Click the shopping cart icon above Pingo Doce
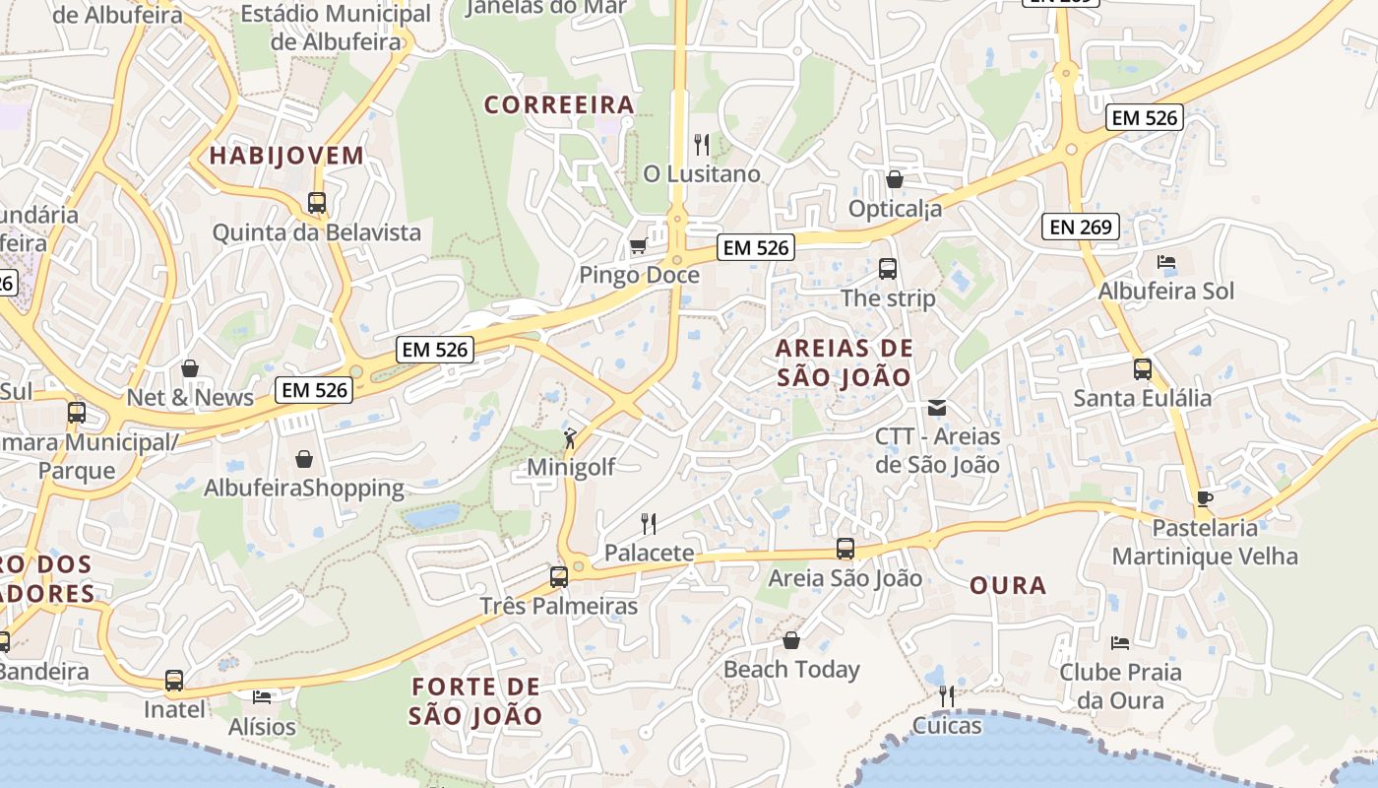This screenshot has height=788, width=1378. pyautogui.click(x=638, y=245)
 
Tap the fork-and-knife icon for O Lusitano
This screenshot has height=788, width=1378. pyautogui.click(x=702, y=145)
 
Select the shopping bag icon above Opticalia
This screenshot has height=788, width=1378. pyautogui.click(x=895, y=179)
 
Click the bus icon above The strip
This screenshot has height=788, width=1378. pyautogui.click(x=887, y=268)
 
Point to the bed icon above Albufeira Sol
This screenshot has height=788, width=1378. pyautogui.click(x=1166, y=262)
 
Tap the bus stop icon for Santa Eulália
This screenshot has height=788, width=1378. pyautogui.click(x=1143, y=369)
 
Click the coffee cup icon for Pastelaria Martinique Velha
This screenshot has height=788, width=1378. pyautogui.click(x=1204, y=498)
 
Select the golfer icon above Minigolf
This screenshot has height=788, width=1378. pyautogui.click(x=570, y=437)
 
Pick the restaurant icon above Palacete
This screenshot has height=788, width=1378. pyautogui.click(x=649, y=523)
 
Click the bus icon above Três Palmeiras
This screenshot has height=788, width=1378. pyautogui.click(x=559, y=576)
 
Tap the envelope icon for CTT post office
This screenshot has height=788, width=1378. pyautogui.click(x=937, y=407)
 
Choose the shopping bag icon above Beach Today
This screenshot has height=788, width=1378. pyautogui.click(x=791, y=640)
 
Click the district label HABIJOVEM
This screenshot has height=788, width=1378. pyautogui.click(x=286, y=156)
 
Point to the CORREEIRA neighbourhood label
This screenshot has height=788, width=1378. pyautogui.click(x=558, y=105)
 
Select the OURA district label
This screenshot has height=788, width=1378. pyautogui.click(x=1008, y=586)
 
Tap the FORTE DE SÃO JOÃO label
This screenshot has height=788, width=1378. pyautogui.click(x=476, y=700)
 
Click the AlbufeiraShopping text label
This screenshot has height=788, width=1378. pyautogui.click(x=304, y=489)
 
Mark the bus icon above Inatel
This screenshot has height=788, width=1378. pyautogui.click(x=174, y=680)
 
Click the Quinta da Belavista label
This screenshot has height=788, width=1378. pyautogui.click(x=317, y=233)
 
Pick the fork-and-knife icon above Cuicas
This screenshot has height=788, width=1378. pyautogui.click(x=946, y=696)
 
